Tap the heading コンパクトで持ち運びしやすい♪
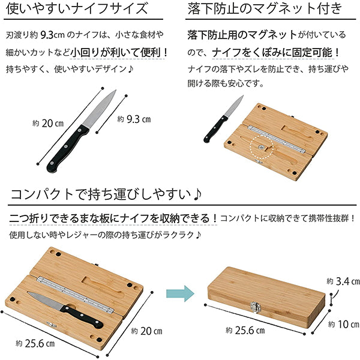106,195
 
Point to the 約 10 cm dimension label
340,324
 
